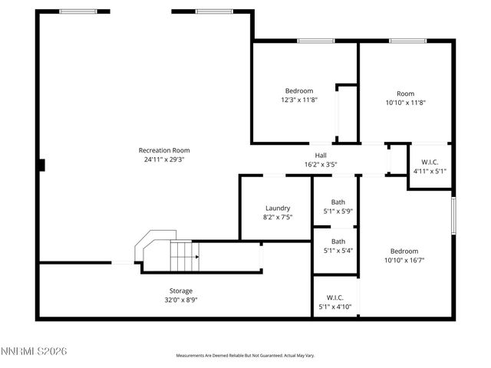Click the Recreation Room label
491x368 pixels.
pyautogui.click(x=163, y=150)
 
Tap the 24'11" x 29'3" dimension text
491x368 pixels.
pyautogui.click(x=163, y=159)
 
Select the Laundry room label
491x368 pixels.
pyautogui.click(x=277, y=208)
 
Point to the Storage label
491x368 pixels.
pyautogui.click(x=181, y=291)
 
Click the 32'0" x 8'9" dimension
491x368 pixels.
pyautogui.click(x=181, y=300)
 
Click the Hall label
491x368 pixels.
pyautogui.click(x=321, y=154)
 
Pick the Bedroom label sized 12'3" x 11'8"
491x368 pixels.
pyautogui.click(x=299, y=90)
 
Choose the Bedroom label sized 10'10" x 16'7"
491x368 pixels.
pyautogui.click(x=404, y=251)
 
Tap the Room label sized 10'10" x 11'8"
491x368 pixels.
pyautogui.click(x=405, y=94)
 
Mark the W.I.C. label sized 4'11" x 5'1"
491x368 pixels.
pyautogui.click(x=430, y=162)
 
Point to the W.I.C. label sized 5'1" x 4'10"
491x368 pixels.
pyautogui.click(x=335, y=297)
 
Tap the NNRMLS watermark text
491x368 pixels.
pyautogui.click(x=35, y=351)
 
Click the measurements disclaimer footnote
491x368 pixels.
pyautogui.click(x=245, y=356)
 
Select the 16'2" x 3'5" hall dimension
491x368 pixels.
pyautogui.click(x=321, y=163)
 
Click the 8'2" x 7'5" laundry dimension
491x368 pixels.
pyautogui.click(x=277, y=217)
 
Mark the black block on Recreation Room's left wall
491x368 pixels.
pyautogui.click(x=42, y=164)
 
